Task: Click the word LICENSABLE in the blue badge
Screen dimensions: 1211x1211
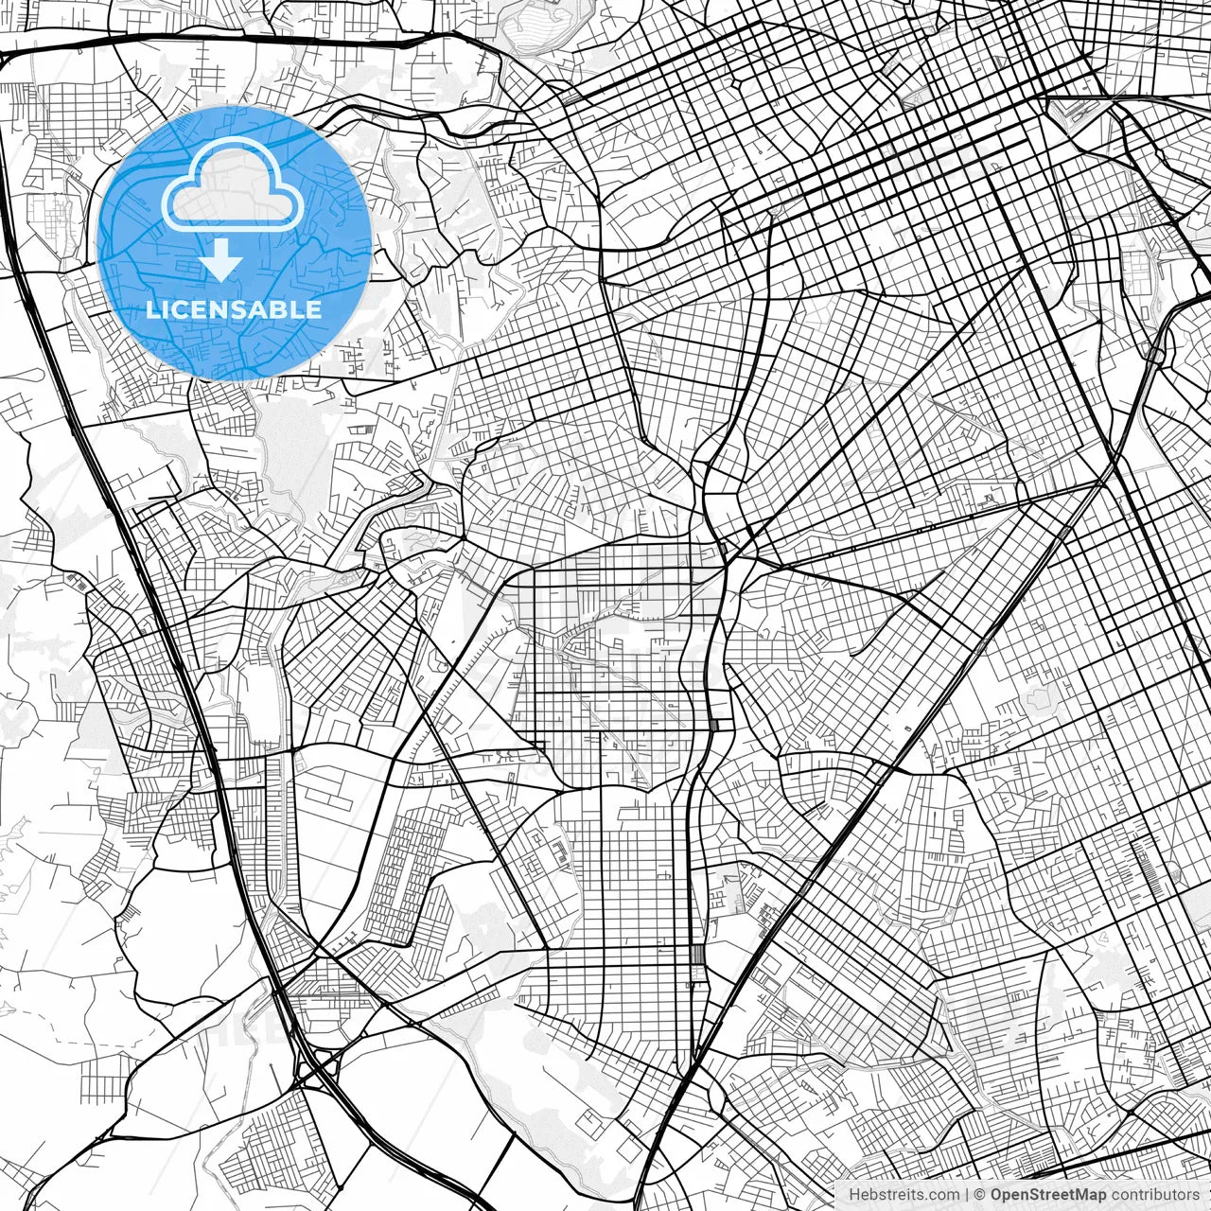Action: [234, 309]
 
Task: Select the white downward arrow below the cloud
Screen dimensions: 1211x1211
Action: [220, 260]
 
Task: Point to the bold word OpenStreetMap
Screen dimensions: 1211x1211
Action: [1048, 1195]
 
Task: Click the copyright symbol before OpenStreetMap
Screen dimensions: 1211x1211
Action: [981, 1195]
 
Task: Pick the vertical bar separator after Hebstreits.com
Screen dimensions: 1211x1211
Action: [967, 1195]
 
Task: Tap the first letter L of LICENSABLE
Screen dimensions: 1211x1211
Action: [151, 309]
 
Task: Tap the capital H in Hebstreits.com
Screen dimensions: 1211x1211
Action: [854, 1195]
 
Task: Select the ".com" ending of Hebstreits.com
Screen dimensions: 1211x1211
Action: [943, 1195]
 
